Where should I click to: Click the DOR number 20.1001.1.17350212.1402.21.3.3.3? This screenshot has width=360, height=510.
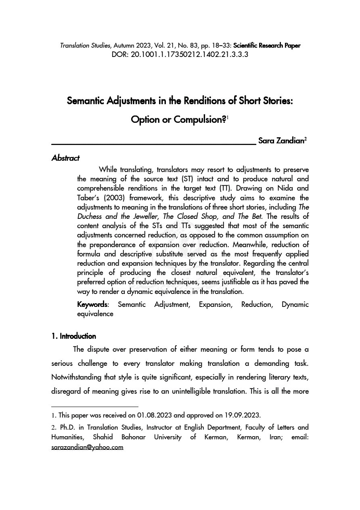(x=189, y=54)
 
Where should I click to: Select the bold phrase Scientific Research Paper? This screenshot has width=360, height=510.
(x=267, y=46)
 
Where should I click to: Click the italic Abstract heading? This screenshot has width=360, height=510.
(x=65, y=158)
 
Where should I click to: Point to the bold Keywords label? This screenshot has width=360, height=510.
(x=92, y=304)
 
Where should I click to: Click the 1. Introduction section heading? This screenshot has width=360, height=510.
(x=74, y=336)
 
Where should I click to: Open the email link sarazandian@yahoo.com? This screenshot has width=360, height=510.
(x=87, y=447)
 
